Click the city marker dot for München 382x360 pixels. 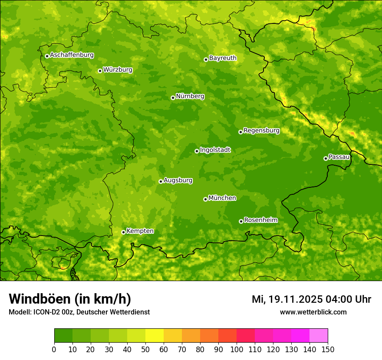click(x=205, y=199)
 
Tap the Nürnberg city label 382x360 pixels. click(x=190, y=96)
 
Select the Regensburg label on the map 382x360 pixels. click(x=261, y=131)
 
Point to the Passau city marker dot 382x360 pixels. click(x=326, y=158)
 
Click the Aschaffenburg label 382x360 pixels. click(x=72, y=55)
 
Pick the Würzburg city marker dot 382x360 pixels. click(x=100, y=71)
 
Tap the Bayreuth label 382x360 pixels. click(x=223, y=58)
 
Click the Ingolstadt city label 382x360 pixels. click(x=215, y=150)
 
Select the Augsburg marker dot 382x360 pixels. click(x=161, y=181)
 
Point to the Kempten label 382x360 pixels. click(x=140, y=231)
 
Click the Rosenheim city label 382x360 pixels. click(x=260, y=220)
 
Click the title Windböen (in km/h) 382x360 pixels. click(x=70, y=299)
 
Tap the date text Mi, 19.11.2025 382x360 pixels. click(x=287, y=299)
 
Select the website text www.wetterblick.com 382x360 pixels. click(x=313, y=312)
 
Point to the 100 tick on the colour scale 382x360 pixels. click(x=237, y=349)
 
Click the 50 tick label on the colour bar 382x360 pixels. click(x=145, y=349)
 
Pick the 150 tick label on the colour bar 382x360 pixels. click(x=328, y=349)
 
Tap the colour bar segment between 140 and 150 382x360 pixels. click(x=319, y=336)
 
